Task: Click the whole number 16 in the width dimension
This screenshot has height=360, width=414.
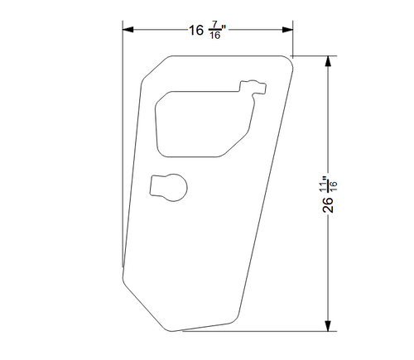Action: (x=196, y=31)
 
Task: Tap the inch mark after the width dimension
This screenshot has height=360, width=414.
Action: (x=225, y=28)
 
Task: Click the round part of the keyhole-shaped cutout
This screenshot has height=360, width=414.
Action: (x=173, y=187)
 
